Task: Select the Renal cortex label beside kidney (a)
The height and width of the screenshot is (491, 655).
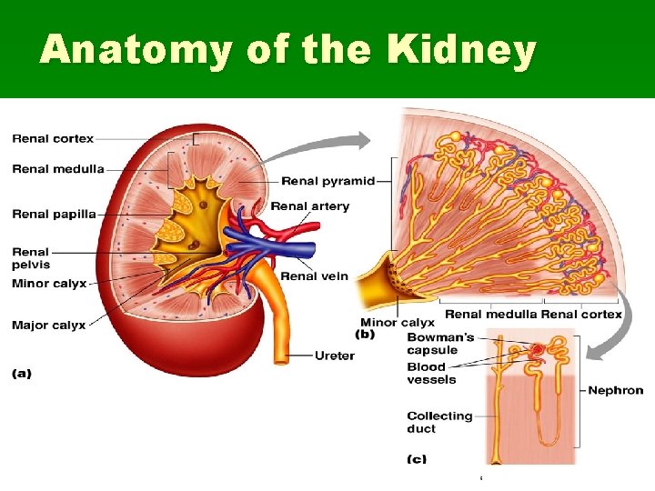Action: pyautogui.click(x=53, y=139)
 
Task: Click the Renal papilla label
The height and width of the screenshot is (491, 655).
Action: pyautogui.click(x=54, y=215)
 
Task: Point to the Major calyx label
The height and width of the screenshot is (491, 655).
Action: pyautogui.click(x=49, y=325)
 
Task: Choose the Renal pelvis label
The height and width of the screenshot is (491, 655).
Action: pyautogui.click(x=31, y=258)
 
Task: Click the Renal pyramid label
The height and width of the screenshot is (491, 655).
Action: pyautogui.click(x=328, y=181)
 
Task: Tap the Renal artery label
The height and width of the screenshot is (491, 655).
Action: pyautogui.click(x=309, y=206)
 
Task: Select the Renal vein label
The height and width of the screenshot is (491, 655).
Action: pyautogui.click(x=314, y=276)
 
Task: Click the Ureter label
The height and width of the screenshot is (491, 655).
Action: pyautogui.click(x=334, y=356)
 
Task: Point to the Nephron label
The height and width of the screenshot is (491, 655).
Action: pyautogui.click(x=616, y=391)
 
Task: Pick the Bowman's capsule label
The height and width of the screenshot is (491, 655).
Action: pyautogui.click(x=440, y=344)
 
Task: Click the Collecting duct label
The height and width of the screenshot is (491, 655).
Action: pyautogui.click(x=439, y=422)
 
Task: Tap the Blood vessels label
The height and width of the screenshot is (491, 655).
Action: pyautogui.click(x=427, y=374)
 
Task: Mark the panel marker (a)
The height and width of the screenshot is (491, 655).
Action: pyautogui.click(x=22, y=374)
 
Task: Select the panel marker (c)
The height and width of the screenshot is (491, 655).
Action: pyautogui.click(x=417, y=459)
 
